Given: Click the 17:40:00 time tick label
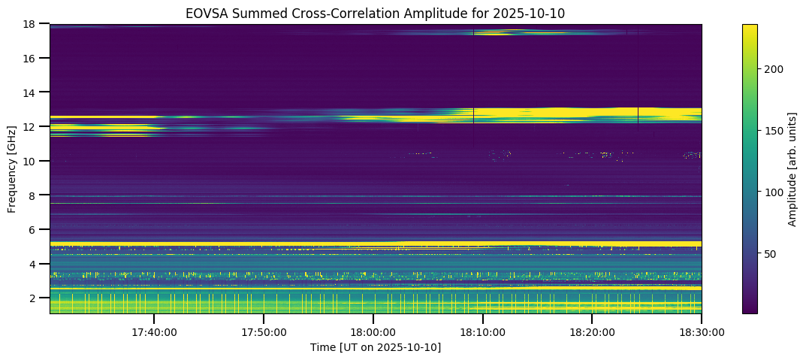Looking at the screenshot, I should tap(154, 331).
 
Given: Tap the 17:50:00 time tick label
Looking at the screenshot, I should tap(264, 331).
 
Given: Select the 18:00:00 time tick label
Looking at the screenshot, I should tap(373, 331).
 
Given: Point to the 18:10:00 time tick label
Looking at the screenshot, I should tap(482, 331).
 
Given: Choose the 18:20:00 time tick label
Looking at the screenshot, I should tap(592, 331).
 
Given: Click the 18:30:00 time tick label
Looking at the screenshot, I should tap(701, 331).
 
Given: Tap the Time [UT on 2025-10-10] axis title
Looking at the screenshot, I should tap(376, 346).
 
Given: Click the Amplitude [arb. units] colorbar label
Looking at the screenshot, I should tap(792, 169).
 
